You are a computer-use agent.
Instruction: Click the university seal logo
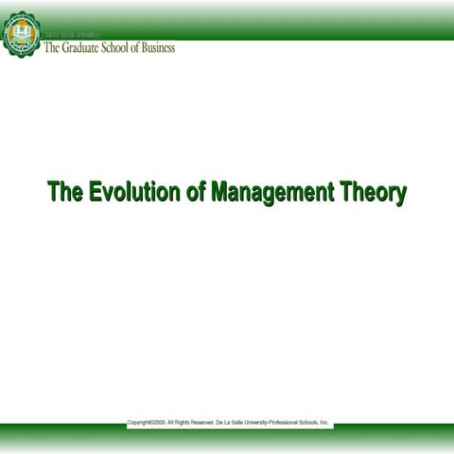[x=22, y=35]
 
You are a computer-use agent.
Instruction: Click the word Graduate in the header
[x=79, y=48]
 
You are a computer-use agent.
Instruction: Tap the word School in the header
[x=118, y=48]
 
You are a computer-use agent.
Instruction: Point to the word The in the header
[x=53, y=48]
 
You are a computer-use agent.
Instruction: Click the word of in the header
[x=138, y=48]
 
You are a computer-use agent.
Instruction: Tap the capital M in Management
[x=220, y=193]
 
